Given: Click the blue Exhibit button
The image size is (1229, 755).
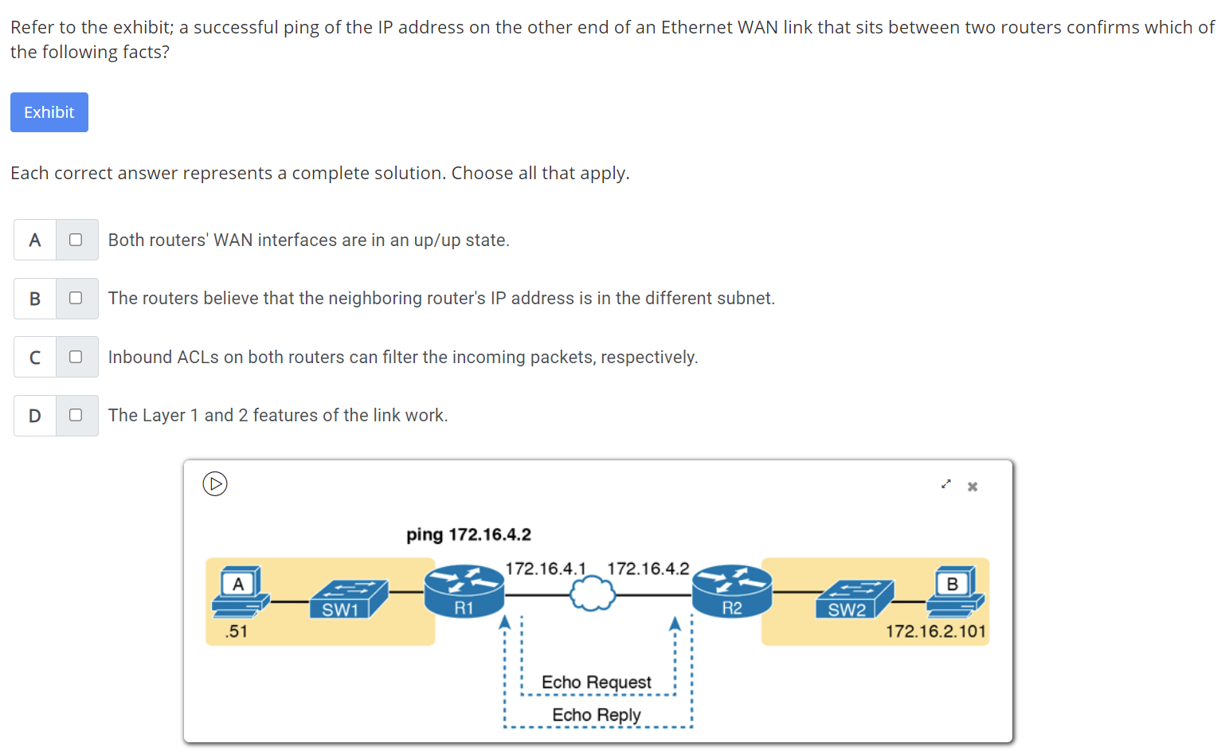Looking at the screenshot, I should tap(49, 112).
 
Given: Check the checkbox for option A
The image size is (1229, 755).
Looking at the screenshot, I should tap(76, 240).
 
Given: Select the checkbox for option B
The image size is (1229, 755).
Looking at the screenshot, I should tap(76, 298).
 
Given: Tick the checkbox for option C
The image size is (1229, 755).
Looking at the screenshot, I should tap(76, 357).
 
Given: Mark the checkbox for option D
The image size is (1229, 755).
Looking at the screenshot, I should tap(76, 415).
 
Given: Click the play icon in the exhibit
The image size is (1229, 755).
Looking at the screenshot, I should tap(215, 483).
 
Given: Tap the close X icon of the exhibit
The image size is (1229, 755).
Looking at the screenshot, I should tap(973, 487).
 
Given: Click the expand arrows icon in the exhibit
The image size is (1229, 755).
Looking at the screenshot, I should tap(945, 484).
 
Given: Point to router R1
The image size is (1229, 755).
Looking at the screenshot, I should tap(464, 591).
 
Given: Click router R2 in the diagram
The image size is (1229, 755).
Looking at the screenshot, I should tap(732, 591).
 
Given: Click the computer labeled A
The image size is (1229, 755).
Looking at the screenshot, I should tap(239, 593).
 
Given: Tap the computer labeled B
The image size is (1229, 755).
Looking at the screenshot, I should tap(954, 593).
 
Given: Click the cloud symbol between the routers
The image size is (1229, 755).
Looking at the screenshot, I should tap(593, 594).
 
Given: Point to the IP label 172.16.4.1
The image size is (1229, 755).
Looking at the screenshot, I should tap(546, 569).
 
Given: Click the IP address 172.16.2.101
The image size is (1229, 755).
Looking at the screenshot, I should tap(936, 632).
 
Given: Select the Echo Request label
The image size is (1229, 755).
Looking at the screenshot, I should tap(596, 683).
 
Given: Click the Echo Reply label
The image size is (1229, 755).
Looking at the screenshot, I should tap(596, 715).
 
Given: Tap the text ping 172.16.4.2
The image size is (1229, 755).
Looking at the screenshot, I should tap(468, 534).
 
